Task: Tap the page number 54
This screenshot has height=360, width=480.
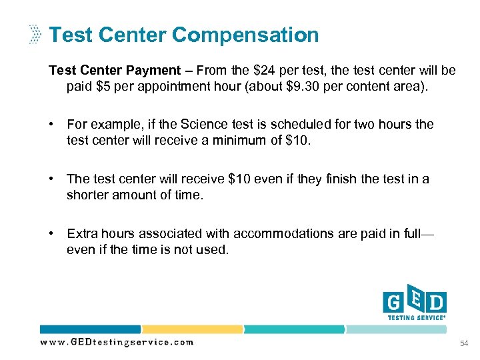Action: [464, 343]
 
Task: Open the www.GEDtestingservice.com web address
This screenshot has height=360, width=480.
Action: [117, 342]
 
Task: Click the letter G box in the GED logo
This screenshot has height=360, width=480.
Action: [393, 304]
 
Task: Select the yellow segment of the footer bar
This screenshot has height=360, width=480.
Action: [192, 329]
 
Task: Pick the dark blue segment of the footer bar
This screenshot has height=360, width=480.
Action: [90, 329]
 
